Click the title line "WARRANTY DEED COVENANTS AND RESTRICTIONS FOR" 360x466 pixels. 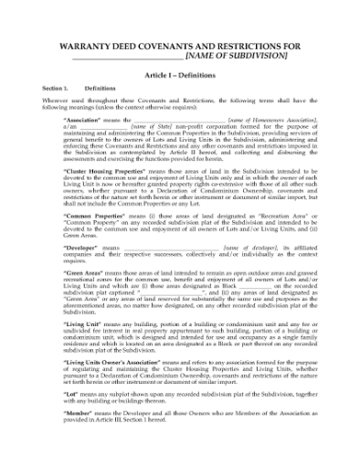180,43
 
